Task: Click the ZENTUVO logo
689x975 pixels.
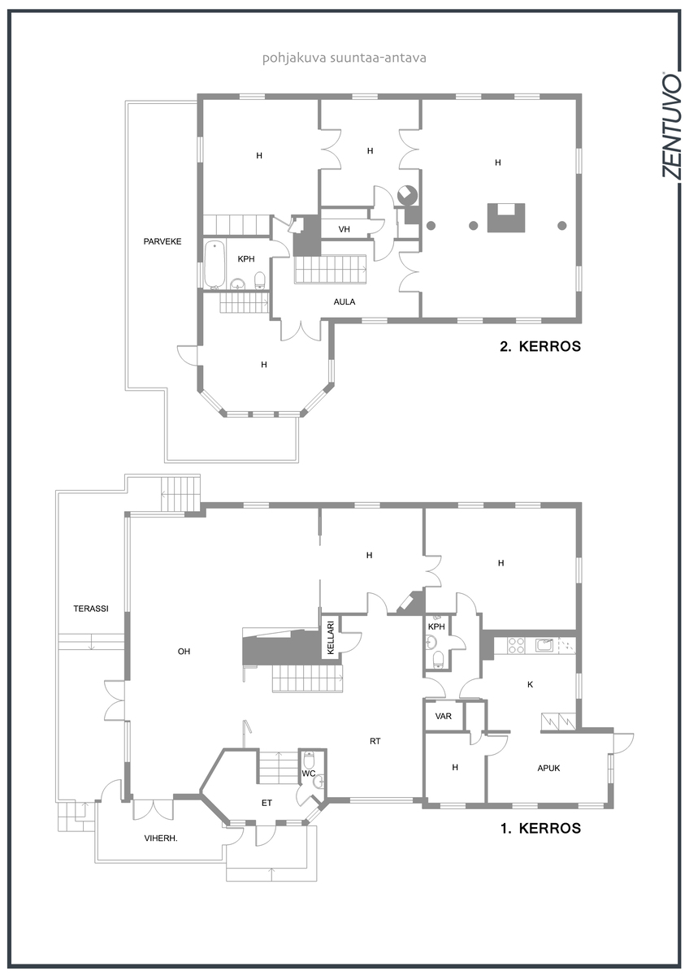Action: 670,125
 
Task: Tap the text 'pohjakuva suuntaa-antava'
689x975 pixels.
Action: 344,58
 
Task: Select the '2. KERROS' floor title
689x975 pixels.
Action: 540,346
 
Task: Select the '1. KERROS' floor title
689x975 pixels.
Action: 540,828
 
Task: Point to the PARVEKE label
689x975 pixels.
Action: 162,241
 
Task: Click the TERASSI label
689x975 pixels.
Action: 91,609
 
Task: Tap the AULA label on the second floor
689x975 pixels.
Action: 344,301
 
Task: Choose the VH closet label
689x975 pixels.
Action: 344,229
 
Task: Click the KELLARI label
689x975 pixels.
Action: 330,637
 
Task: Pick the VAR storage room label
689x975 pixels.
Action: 444,716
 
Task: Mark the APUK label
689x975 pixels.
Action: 548,769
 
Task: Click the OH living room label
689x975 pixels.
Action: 184,652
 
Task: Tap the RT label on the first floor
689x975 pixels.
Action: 375,741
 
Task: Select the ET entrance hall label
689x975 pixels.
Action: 266,803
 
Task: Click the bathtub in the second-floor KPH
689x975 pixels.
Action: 214,265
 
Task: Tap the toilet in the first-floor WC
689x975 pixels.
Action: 309,760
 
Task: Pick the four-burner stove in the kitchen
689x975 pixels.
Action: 516,645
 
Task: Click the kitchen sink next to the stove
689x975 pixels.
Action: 544,644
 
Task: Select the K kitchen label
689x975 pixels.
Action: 530,685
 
